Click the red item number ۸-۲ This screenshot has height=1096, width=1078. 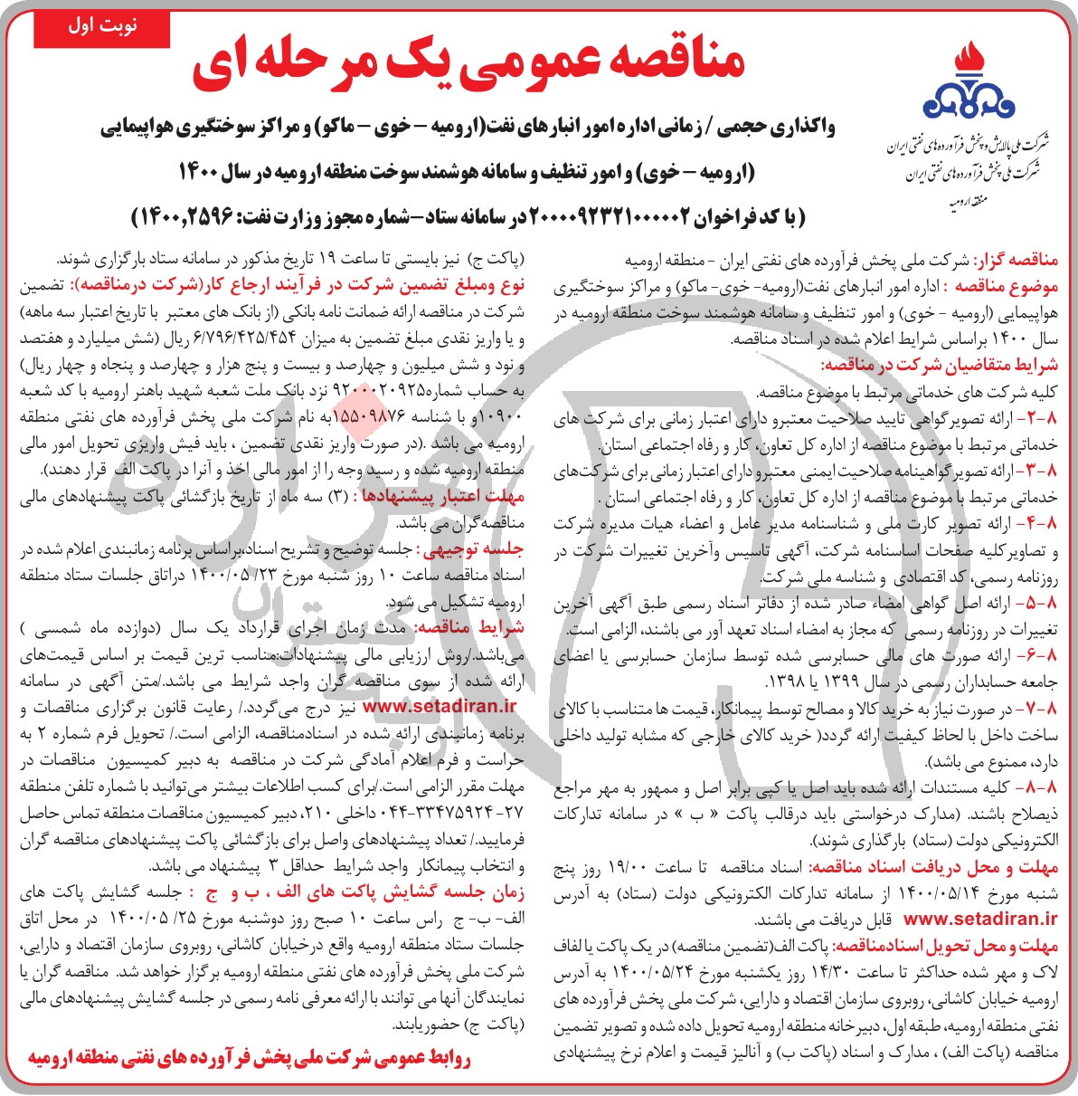click(1040, 418)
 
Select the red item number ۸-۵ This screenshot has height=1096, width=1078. click(1040, 603)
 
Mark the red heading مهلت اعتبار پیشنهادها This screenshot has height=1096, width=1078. click(443, 496)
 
